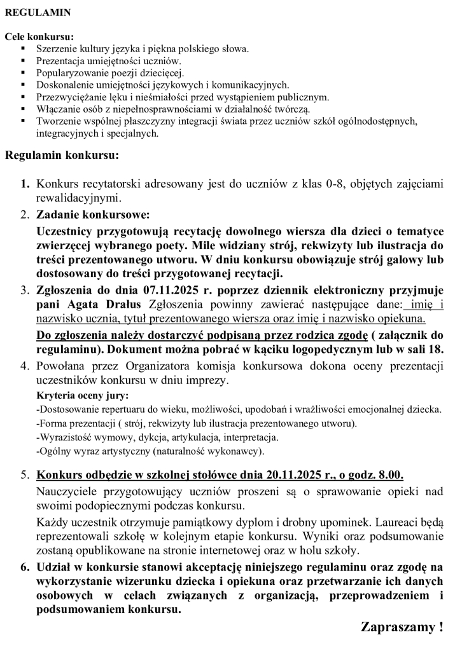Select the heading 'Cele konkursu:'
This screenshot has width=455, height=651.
tap(39, 36)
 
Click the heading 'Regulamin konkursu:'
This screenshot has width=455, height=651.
tap(61, 154)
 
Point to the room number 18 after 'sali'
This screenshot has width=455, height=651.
tap(437, 349)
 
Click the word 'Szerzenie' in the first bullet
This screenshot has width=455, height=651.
tap(55, 48)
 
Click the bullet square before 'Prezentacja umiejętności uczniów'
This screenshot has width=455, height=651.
tap(24, 60)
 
